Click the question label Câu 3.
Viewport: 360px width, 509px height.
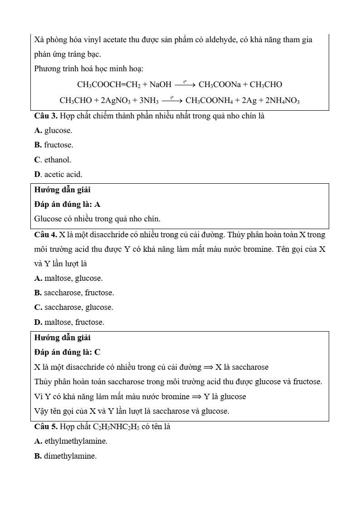[46, 116]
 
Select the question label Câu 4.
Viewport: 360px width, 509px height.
[46, 235]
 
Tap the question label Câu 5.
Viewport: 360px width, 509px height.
[46, 426]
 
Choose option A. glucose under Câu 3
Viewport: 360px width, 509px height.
[53, 130]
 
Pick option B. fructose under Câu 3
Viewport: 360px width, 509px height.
[54, 145]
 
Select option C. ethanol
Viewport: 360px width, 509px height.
[53, 159]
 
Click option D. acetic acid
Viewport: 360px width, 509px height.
[58, 174]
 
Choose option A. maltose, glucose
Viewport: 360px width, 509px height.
[68, 278]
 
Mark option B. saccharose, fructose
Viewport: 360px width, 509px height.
[74, 293]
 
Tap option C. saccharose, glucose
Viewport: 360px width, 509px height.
[73, 307]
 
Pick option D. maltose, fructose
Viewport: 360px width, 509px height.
[69, 322]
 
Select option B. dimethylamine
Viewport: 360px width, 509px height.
[65, 456]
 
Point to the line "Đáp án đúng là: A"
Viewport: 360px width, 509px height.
[67, 204]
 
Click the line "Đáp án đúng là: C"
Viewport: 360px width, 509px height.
[67, 352]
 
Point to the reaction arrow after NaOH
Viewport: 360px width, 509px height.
[185, 84]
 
